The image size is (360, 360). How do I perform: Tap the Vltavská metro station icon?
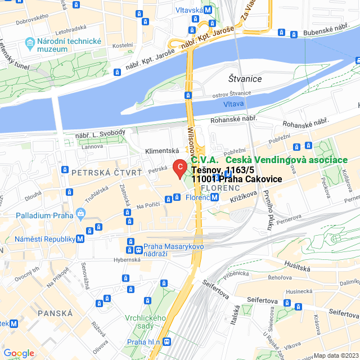tap(209, 10)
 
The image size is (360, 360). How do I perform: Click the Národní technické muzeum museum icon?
tap(28, 43)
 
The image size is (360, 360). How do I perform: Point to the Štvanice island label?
tap(245, 79)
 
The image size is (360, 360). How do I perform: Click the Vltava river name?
tap(233, 104)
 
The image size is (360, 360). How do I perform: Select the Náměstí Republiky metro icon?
tap(80, 239)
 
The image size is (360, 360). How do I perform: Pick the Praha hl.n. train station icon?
tap(167, 341)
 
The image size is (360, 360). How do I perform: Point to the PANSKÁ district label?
tap(55, 312)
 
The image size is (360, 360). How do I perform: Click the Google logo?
tap(19, 353)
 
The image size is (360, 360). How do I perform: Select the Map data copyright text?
tap(335, 355)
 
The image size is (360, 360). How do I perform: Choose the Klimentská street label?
tap(161, 151)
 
